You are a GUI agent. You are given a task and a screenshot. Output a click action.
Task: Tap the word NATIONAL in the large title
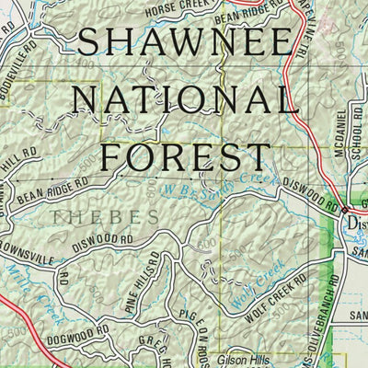point(184,99)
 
